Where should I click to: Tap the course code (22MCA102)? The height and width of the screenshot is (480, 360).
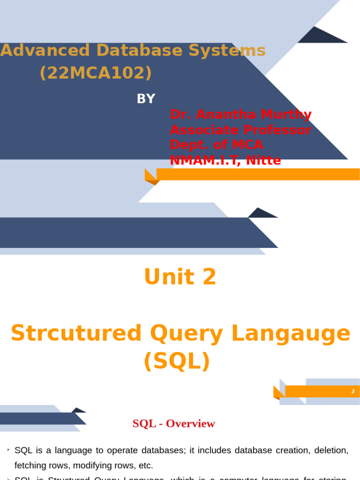(96, 73)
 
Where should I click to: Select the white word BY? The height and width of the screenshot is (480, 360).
(146, 99)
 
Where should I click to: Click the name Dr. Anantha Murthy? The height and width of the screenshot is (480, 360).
(240, 114)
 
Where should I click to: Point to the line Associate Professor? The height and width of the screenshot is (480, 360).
(240, 130)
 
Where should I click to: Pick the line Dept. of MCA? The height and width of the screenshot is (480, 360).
(217, 145)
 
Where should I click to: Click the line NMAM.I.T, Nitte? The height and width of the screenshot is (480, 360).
(225, 160)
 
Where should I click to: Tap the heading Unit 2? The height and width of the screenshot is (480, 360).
(180, 277)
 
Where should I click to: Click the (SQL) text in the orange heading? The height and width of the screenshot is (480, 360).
(177, 361)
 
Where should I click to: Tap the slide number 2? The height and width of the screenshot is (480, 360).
(353, 391)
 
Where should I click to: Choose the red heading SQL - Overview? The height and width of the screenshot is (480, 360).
(173, 424)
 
